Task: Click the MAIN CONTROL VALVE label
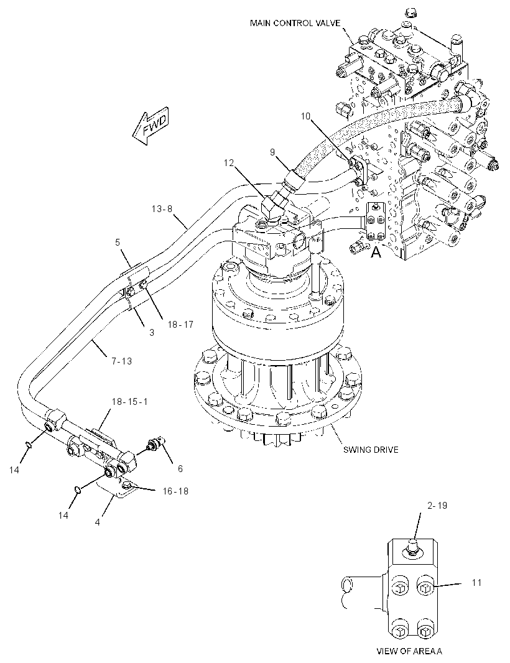(x=295, y=23)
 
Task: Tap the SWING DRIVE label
(x=371, y=450)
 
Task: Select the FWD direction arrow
(x=151, y=126)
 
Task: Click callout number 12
(x=229, y=163)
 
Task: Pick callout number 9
(x=272, y=152)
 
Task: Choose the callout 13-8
(x=162, y=209)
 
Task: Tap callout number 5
(x=118, y=243)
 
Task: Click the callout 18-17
(x=180, y=324)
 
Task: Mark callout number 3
(x=152, y=333)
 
